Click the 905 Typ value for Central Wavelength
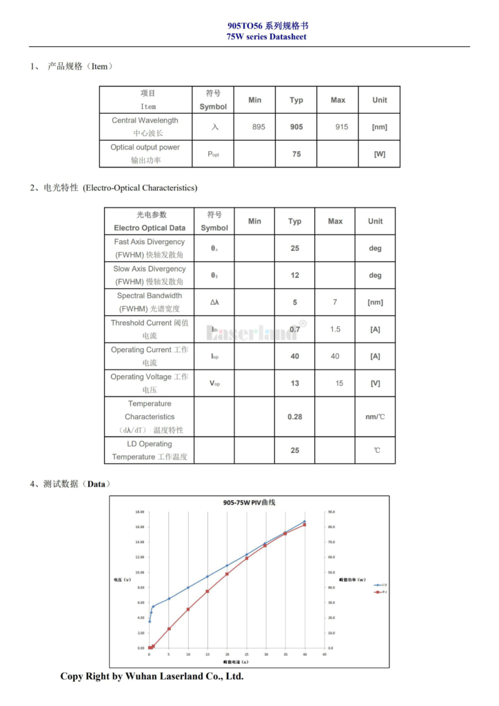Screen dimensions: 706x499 (296, 127)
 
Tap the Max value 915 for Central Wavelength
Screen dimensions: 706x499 (341, 127)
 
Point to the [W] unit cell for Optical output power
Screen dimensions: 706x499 (379, 154)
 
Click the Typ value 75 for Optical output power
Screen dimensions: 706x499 (296, 154)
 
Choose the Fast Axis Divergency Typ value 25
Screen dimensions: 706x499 (295, 248)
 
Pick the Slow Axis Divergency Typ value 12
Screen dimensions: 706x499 (295, 275)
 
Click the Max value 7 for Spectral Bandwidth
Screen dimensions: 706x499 (335, 302)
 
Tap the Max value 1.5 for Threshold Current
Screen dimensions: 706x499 (335, 329)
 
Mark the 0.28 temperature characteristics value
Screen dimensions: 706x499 (295, 416)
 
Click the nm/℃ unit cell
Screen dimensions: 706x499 (375, 416)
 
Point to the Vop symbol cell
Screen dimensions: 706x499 (215, 383)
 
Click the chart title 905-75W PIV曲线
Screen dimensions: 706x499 (249, 503)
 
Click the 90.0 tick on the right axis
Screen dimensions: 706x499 (331, 512)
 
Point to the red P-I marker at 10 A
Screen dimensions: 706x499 (188, 609)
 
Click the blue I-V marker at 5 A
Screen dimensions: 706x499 (169, 598)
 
